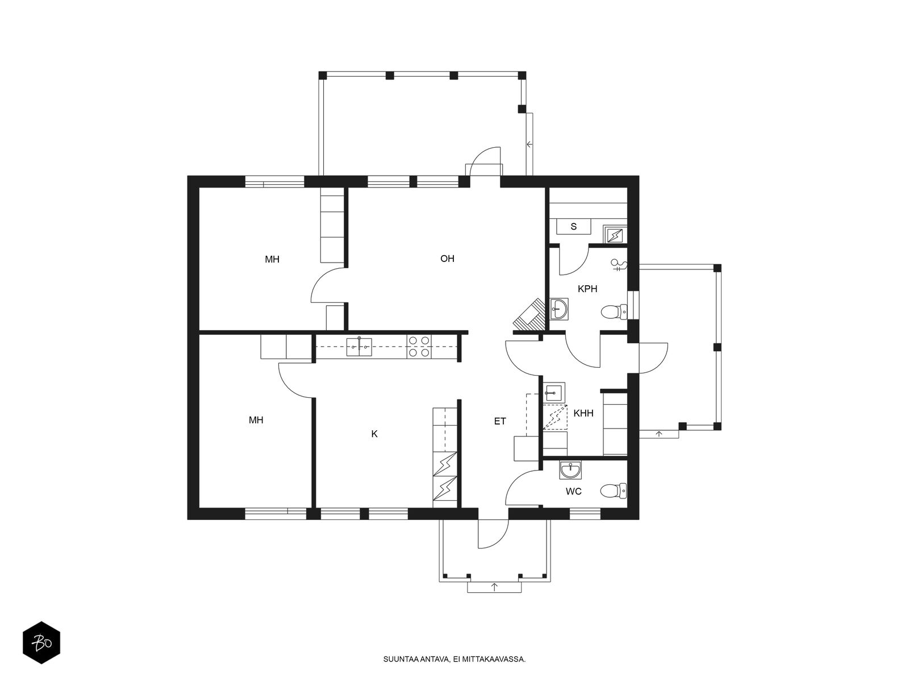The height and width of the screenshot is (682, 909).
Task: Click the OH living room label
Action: (447, 259)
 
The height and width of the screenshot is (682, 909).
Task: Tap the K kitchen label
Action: (374, 434)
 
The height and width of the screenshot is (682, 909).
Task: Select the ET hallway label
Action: (500, 421)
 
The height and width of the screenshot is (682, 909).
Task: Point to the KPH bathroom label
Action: (587, 289)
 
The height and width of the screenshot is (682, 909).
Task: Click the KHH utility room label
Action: (583, 413)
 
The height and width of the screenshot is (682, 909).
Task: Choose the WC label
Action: (574, 492)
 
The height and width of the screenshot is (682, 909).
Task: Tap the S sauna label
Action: (574, 227)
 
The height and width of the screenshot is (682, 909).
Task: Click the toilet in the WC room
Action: (614, 491)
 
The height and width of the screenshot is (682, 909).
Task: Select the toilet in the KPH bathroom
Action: (614, 312)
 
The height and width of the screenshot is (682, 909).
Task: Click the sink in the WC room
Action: (570, 469)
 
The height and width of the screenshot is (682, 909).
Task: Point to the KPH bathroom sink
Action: (559, 309)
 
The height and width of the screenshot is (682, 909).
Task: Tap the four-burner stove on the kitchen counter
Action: (419, 347)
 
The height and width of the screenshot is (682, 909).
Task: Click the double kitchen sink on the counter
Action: (358, 347)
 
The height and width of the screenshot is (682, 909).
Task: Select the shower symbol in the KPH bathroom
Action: (619, 264)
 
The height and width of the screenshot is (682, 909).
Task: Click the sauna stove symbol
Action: (615, 234)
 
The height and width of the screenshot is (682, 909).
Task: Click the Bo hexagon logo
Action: (41, 643)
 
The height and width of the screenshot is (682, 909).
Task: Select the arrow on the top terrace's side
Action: (529, 144)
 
